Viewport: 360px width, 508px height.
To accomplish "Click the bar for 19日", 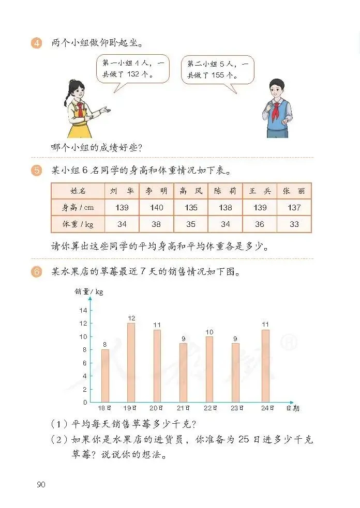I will point(131,362).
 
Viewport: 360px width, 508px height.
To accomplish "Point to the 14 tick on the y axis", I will point(83,310).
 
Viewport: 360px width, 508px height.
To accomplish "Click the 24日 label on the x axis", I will point(265,408).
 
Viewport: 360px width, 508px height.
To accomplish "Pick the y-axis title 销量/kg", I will point(89,292).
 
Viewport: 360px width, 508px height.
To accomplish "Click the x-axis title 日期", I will point(293,408).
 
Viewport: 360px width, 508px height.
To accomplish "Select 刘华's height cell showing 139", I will point(122,207).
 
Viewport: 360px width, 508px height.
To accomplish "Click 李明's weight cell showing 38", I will point(156,224).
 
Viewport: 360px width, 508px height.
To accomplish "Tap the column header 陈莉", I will point(225,191).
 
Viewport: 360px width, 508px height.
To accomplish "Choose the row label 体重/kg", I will point(78,224).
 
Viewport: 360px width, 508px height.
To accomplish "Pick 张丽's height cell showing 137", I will point(294,207).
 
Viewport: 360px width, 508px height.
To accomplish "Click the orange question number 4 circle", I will point(37,43).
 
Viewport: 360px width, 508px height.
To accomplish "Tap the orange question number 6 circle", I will point(37,272).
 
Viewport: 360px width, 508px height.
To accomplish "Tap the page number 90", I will point(41,484).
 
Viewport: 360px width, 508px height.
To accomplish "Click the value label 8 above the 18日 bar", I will point(105,344).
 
